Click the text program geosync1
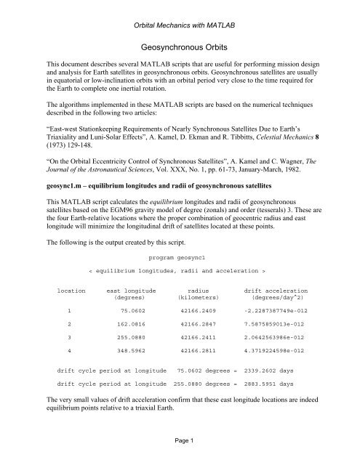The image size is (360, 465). pos(180,257)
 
